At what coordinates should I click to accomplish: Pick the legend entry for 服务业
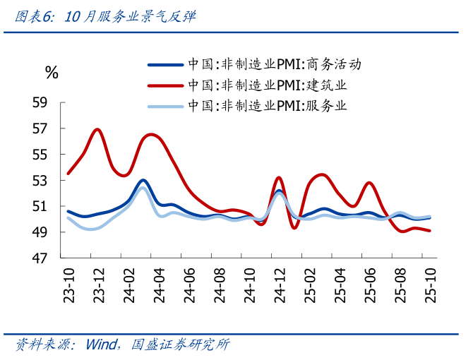(x=268, y=107)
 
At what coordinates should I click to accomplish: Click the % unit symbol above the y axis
(x=51, y=72)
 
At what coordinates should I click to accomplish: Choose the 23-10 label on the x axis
(x=68, y=287)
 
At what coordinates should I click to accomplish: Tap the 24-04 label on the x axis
(x=159, y=287)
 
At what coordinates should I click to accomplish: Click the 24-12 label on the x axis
(x=279, y=287)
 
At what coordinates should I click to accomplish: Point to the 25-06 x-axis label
(x=369, y=287)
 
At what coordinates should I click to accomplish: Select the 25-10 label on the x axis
(x=429, y=287)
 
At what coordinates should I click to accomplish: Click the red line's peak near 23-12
(x=97, y=130)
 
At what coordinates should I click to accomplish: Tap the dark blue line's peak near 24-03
(x=143, y=180)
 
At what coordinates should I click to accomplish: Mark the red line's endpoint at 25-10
(x=430, y=231)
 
